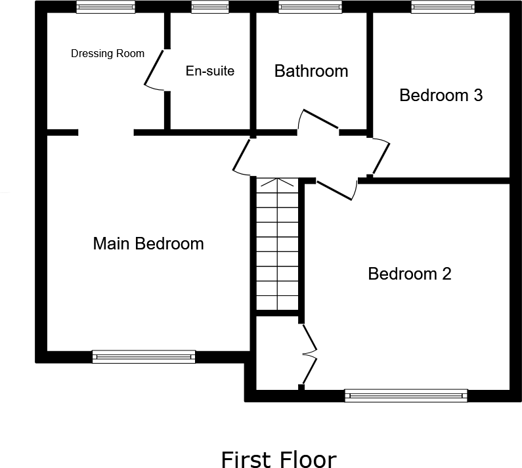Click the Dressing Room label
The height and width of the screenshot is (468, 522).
(108, 54)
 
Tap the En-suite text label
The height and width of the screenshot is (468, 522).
(209, 71)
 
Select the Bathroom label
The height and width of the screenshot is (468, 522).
(311, 71)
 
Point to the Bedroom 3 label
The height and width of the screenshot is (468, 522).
(441, 95)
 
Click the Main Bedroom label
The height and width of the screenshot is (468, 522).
(148, 244)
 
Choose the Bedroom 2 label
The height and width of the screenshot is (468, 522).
(410, 274)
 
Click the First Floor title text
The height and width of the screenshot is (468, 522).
(278, 459)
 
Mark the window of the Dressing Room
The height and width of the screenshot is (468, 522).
(106, 7)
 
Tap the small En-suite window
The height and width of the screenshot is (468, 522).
(210, 7)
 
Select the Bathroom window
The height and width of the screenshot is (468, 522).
(310, 7)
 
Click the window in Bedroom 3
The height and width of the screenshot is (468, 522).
(443, 7)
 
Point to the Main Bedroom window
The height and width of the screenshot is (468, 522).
(144, 356)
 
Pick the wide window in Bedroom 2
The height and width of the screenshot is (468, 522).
(406, 395)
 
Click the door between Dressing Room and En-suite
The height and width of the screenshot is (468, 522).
(154, 69)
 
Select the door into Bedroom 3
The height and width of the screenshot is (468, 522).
(381, 158)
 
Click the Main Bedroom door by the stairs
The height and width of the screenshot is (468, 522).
(242, 156)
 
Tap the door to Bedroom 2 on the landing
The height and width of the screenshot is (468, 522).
(336, 189)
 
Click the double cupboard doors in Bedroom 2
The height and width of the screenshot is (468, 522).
(309, 354)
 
